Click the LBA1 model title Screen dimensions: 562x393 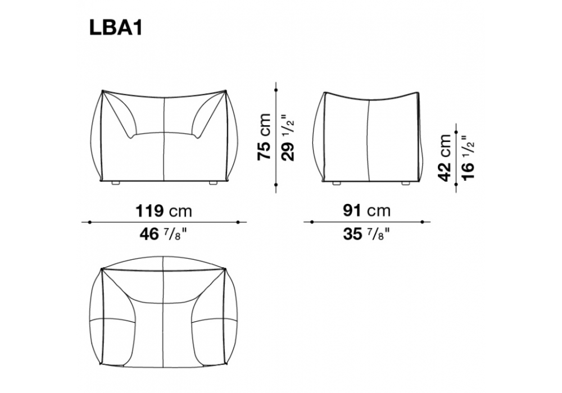pos(116,28)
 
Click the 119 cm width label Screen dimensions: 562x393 pos(164,211)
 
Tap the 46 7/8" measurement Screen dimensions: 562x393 pos(163,235)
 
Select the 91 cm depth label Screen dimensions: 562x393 pos(366,211)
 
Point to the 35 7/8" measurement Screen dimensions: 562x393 pos(366,235)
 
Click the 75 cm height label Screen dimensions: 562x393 pos(265,137)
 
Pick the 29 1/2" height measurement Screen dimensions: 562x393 pos(287,138)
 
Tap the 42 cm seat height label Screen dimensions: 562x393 pos(445,158)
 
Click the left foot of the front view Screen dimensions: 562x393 pos(116,183)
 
